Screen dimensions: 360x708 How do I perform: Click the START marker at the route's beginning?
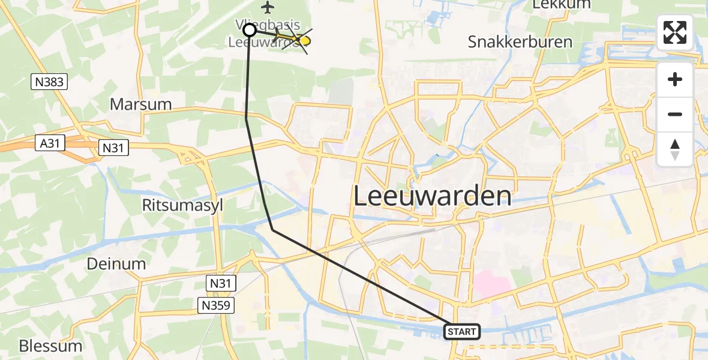[462, 331]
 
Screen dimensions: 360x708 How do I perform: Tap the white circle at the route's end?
[250, 29]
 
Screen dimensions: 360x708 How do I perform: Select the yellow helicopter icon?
[296, 40]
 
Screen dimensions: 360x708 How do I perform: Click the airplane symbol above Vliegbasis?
[268, 8]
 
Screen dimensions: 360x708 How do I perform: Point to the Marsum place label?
[140, 104]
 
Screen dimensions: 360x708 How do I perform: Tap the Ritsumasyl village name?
[182, 205]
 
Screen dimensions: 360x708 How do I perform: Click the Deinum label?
[116, 264]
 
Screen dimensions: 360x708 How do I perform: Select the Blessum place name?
[50, 346]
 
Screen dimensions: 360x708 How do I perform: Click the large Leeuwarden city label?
[433, 196]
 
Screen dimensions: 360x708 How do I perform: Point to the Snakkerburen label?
[520, 43]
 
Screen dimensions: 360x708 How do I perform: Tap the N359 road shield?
[217, 306]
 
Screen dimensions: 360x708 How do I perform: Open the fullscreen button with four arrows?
[675, 32]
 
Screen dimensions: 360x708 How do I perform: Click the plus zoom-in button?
[675, 79]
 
